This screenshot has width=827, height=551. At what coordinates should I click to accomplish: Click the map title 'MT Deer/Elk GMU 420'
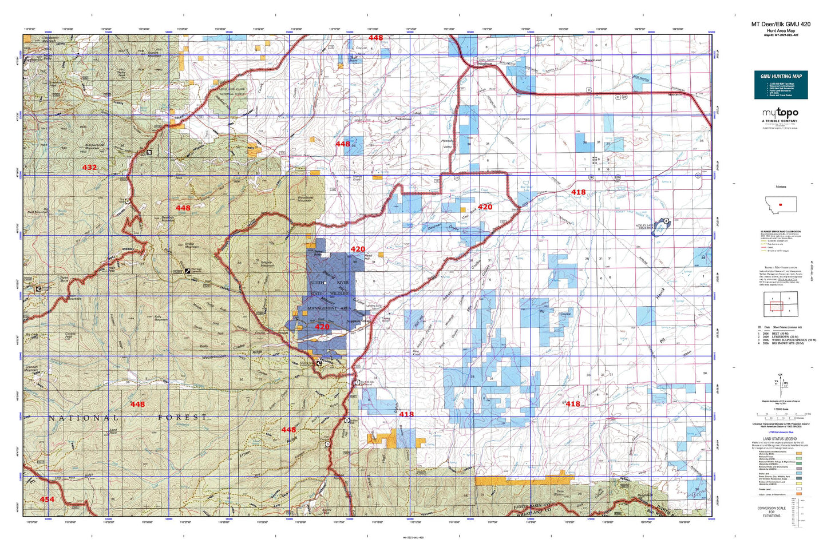[x=781, y=24]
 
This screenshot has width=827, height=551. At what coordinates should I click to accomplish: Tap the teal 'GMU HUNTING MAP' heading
[x=781, y=76]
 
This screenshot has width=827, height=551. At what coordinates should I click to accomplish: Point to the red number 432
[x=89, y=168]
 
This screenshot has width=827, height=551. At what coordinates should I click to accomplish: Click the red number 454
[x=47, y=499]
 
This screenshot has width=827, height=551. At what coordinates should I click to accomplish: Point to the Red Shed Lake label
[x=525, y=189]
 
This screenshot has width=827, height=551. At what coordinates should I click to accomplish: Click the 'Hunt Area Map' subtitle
[x=781, y=30]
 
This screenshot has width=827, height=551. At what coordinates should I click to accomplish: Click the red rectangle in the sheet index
[x=777, y=307]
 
